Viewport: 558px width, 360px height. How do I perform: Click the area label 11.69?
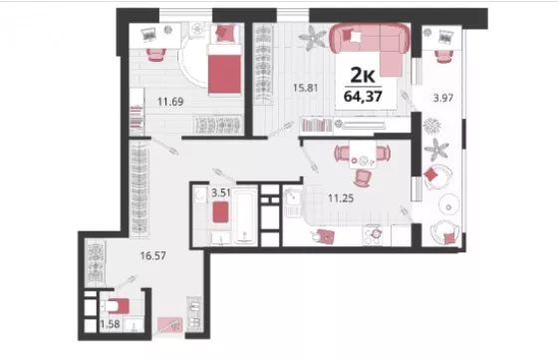[x=170, y=102]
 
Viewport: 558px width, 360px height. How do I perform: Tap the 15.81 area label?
[x=305, y=88]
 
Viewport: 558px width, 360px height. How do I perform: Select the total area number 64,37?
[x=363, y=96]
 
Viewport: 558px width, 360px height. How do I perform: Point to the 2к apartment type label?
[x=363, y=75]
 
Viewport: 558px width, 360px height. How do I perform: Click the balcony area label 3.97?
[x=443, y=98]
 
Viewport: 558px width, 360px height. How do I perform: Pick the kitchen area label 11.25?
[x=341, y=198]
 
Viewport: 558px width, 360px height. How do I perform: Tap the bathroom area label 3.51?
[x=221, y=193]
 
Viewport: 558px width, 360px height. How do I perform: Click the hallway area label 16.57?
[x=153, y=255]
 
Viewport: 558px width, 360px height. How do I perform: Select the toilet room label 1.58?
[x=110, y=324]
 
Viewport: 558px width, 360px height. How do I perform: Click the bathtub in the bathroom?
[x=245, y=216]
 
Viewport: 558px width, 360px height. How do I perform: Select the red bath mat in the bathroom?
[x=220, y=212]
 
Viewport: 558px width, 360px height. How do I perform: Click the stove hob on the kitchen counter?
[x=373, y=235]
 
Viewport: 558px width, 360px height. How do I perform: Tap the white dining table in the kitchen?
[x=363, y=155]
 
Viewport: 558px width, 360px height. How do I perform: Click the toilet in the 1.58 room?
[x=115, y=306]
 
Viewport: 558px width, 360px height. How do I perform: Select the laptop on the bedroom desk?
[x=148, y=34]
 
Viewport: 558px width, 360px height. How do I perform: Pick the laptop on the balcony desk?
[x=446, y=37]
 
